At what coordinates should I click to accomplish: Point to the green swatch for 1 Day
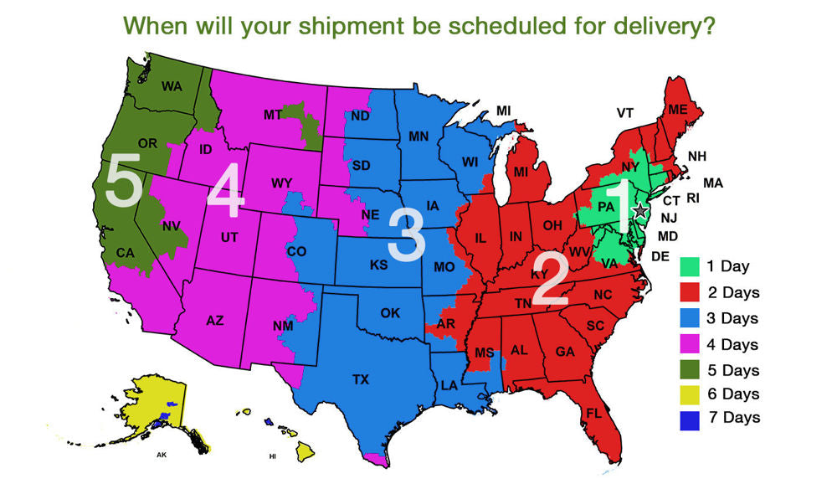tap(690, 267)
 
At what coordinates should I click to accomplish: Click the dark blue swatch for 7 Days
tap(690, 417)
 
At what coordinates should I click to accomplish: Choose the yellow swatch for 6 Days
tap(690, 393)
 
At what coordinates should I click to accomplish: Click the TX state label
tap(361, 379)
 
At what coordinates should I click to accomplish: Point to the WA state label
tap(172, 85)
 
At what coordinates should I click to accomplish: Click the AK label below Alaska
tap(162, 456)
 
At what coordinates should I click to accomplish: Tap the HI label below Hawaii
tap(272, 456)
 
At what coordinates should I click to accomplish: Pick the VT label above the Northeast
tap(625, 113)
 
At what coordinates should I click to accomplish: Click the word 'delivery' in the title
tap(654, 25)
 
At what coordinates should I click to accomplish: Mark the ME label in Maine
tap(678, 109)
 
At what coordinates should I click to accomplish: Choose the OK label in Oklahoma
tap(390, 313)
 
